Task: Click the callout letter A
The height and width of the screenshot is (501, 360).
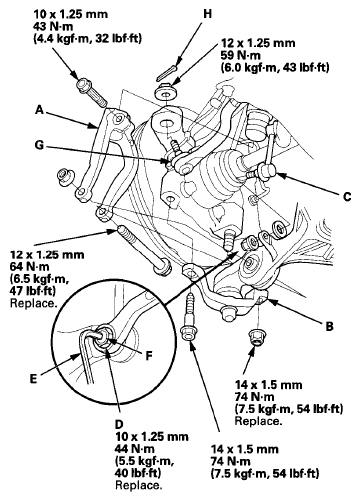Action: [x=40, y=110]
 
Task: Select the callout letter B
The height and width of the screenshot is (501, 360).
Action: [x=329, y=326]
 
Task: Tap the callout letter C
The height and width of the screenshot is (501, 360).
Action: [x=347, y=197]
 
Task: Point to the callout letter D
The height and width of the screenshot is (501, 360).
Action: [x=119, y=424]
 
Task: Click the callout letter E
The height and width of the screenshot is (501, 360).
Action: [x=33, y=379]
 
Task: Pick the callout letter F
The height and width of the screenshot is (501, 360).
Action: [x=149, y=356]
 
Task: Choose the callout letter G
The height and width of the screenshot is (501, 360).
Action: [x=39, y=145]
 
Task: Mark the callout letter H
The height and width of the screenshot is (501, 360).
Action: [x=207, y=14]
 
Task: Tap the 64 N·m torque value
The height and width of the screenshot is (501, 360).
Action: [x=30, y=267]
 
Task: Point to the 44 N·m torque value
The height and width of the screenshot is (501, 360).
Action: [x=135, y=449]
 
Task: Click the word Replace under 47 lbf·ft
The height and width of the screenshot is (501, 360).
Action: [x=32, y=303]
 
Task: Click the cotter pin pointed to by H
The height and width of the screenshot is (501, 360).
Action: [x=166, y=73]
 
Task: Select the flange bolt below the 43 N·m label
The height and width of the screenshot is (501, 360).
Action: [x=91, y=91]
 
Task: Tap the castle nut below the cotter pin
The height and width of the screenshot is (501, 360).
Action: [x=166, y=91]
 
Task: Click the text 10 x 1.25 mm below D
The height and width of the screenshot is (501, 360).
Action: [x=152, y=436]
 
